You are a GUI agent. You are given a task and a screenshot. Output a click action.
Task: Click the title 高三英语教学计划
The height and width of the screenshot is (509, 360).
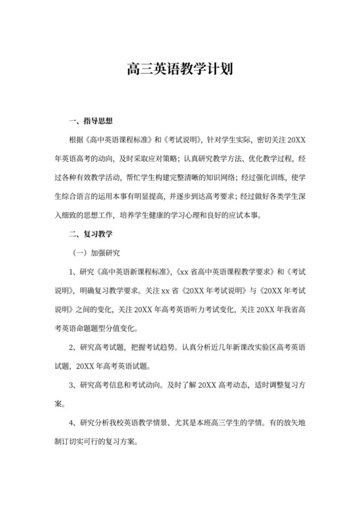pos(179,69)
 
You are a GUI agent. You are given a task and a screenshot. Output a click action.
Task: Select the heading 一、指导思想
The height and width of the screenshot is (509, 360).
pos(90,120)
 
